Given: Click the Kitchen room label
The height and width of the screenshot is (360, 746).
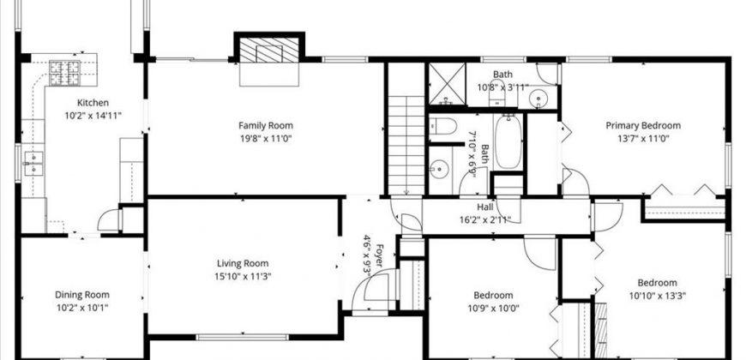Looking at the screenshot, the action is coord(93,103).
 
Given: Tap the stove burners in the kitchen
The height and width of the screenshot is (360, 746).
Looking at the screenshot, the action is coord(64,73).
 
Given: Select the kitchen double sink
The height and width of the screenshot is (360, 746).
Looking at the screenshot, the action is coord(33,164).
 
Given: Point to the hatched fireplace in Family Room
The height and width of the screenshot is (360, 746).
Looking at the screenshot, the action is coord(268,50).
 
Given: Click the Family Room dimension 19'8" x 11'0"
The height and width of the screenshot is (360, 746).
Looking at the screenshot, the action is coord(266,139).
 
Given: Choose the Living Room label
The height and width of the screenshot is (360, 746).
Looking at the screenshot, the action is coord(243,263).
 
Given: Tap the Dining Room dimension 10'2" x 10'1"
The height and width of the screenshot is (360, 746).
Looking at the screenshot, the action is coord(82,308).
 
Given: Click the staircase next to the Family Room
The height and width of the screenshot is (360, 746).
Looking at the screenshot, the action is coord(406,145).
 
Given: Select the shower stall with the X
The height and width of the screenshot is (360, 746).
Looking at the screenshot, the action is coord(448,84).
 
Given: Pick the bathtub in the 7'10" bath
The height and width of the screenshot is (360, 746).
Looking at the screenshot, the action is coord(508,141).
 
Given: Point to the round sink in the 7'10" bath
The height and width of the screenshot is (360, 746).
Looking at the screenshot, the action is coord(439,168).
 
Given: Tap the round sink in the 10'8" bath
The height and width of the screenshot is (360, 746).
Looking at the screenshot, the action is coord(538,99).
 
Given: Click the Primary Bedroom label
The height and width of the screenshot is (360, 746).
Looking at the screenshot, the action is coord(643,125).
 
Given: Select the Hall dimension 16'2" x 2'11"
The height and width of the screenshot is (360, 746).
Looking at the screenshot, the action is coord(485,219).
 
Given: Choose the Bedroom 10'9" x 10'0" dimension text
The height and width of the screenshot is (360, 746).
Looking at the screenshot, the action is coord(493,308).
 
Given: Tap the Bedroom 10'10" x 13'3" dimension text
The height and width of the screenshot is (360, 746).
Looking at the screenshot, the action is coord(658,296).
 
